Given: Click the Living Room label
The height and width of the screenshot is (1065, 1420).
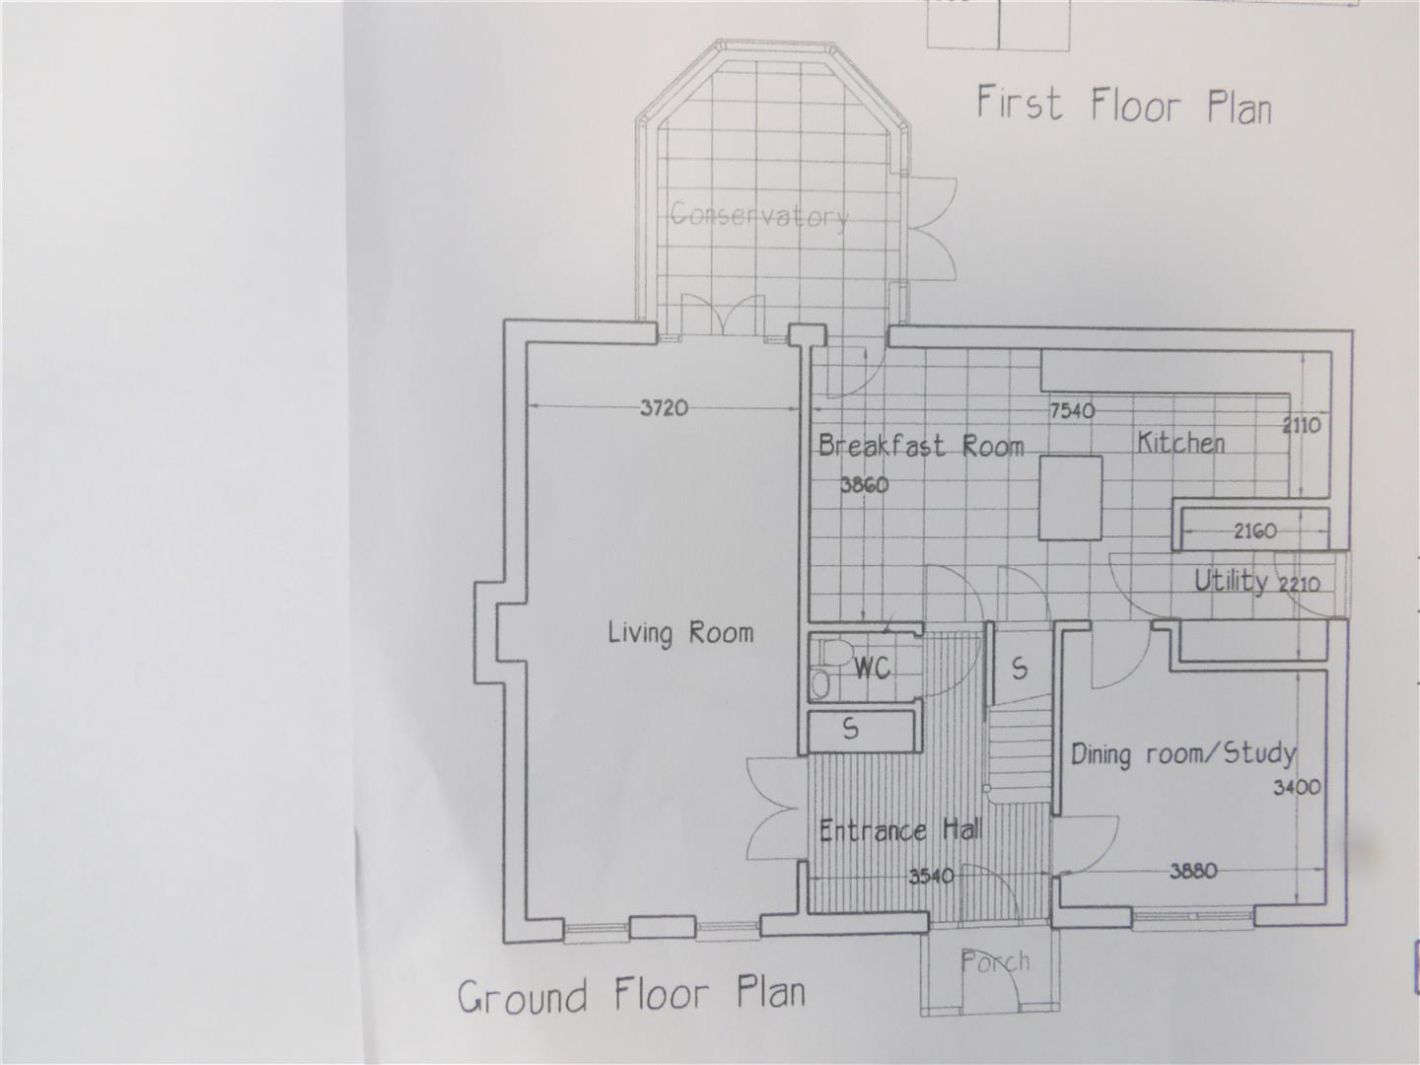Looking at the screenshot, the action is [x=680, y=632].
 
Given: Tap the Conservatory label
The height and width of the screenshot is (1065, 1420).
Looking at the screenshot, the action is [x=759, y=215].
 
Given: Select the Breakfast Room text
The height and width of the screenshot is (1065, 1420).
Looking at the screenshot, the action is [x=921, y=446].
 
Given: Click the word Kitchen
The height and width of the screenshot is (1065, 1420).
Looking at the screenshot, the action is [x=1180, y=443].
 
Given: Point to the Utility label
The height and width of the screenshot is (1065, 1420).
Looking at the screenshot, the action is [x=1231, y=582].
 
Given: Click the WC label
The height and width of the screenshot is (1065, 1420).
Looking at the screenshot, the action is [x=873, y=668].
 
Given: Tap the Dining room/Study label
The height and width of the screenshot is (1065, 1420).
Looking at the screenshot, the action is [x=1183, y=754].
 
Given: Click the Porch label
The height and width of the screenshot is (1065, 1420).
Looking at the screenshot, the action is [x=996, y=961].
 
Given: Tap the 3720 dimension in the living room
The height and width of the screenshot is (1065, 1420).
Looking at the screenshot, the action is [x=664, y=408].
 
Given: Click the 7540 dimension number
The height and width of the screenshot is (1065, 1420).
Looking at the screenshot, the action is [x=1072, y=410].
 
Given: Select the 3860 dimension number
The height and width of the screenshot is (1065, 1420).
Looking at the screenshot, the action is [x=864, y=484].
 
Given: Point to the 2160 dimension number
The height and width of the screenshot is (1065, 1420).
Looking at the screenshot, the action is [x=1255, y=531].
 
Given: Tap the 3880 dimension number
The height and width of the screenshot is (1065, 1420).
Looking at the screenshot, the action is [x=1193, y=872].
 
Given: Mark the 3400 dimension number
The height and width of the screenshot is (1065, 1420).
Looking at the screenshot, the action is [x=1297, y=787].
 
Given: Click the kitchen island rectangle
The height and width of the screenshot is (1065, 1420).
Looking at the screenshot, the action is [x=1070, y=497].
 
